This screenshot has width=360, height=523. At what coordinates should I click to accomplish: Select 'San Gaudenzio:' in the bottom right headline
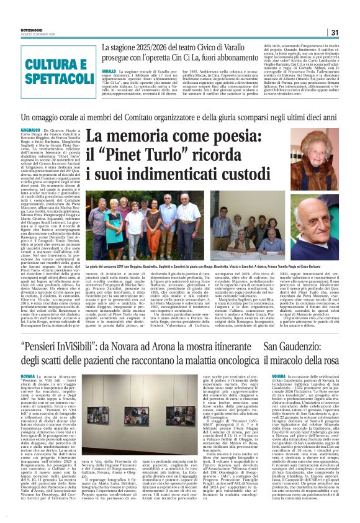(x=286, y=345)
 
